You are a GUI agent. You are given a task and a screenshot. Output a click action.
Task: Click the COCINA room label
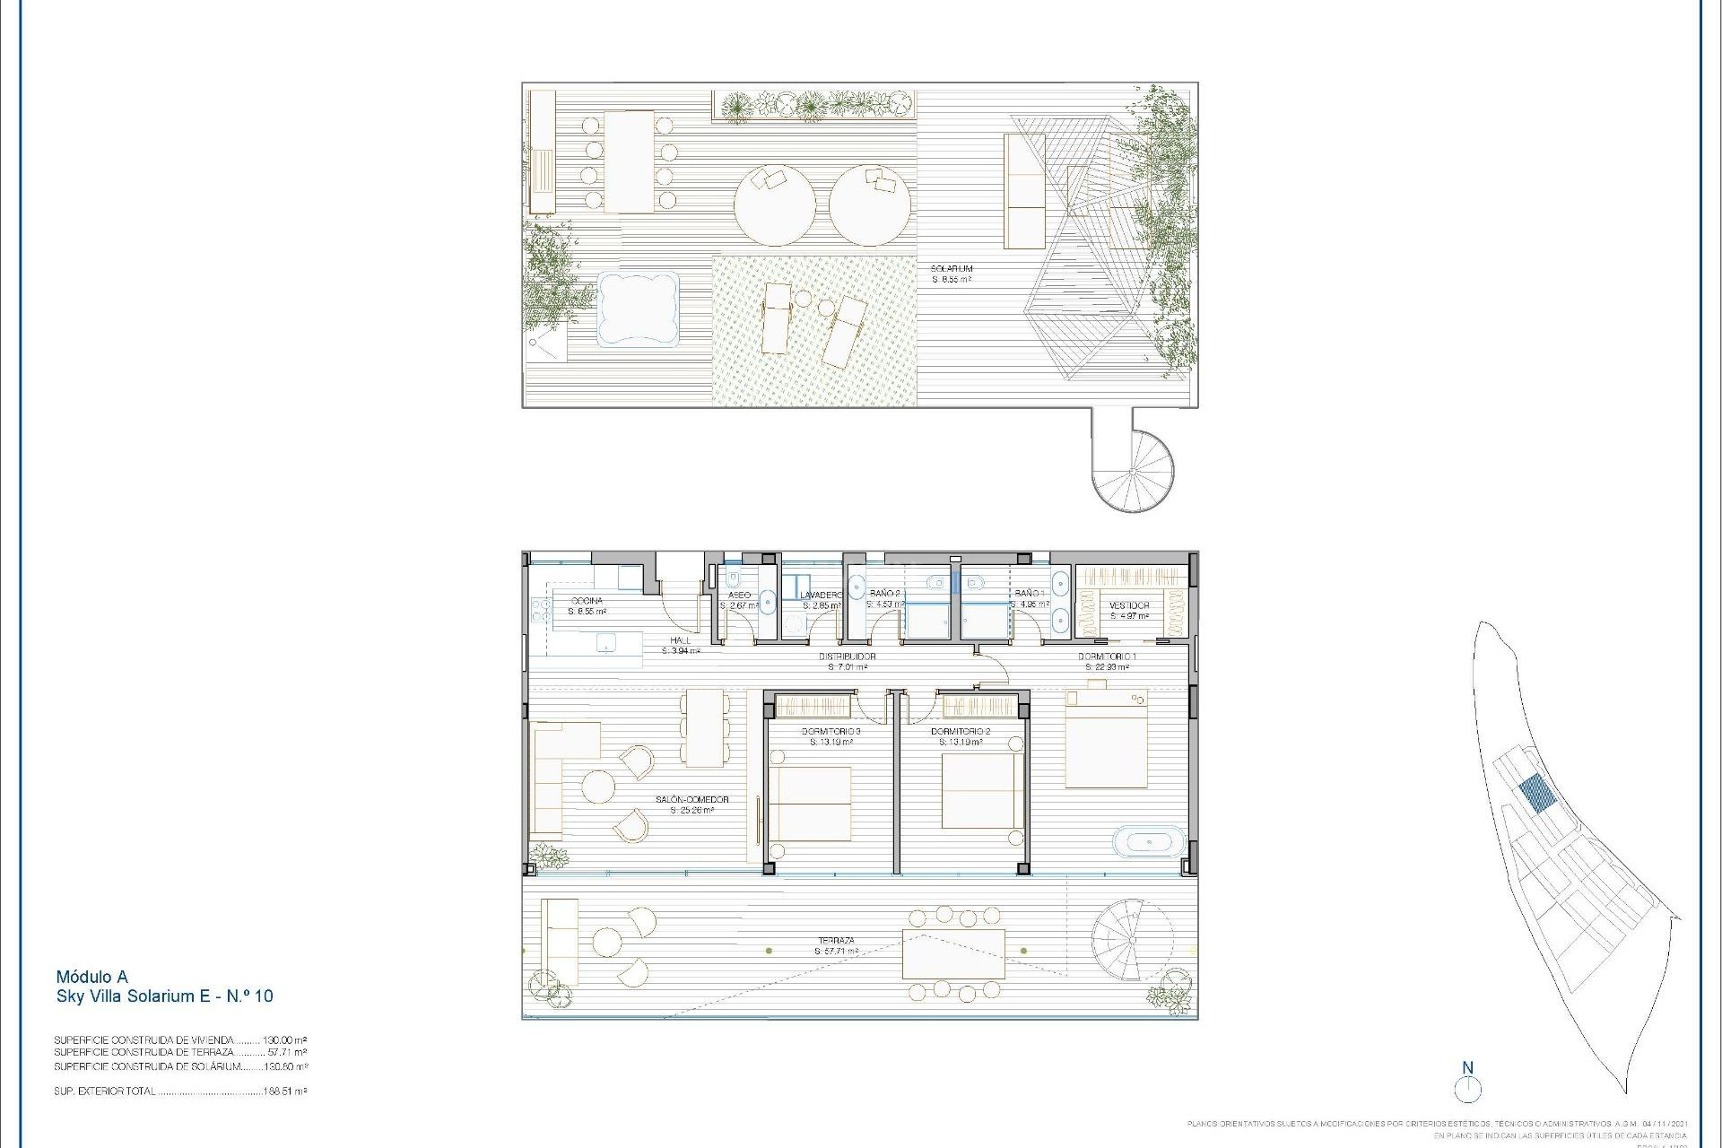click(587, 601)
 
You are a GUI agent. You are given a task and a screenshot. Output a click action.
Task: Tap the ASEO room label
click(739, 596)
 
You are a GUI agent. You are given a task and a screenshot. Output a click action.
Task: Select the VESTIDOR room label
click(1129, 605)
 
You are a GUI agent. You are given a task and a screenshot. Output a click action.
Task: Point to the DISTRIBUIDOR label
click(847, 657)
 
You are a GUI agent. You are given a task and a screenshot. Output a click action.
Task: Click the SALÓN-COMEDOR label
click(691, 800)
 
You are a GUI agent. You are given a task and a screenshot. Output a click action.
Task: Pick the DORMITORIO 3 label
click(831, 732)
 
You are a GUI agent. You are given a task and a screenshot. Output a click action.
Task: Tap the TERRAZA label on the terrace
click(836, 941)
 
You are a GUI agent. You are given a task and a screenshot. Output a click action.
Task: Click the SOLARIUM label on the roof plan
click(952, 269)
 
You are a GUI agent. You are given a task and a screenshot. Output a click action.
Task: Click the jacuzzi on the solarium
click(638, 309)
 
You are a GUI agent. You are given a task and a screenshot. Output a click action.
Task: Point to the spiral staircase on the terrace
click(1131, 941)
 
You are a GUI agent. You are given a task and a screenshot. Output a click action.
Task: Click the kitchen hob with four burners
click(541, 611)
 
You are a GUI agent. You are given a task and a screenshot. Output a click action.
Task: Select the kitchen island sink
click(607, 643)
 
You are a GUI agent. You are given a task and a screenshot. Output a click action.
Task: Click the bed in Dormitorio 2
click(983, 790)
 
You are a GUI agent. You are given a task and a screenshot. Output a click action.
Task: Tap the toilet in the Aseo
click(733, 578)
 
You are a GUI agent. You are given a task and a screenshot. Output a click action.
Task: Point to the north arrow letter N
click(1468, 1068)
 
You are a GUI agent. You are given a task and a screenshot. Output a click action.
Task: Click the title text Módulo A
click(91, 977)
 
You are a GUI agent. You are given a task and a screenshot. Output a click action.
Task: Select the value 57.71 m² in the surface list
click(287, 1053)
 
